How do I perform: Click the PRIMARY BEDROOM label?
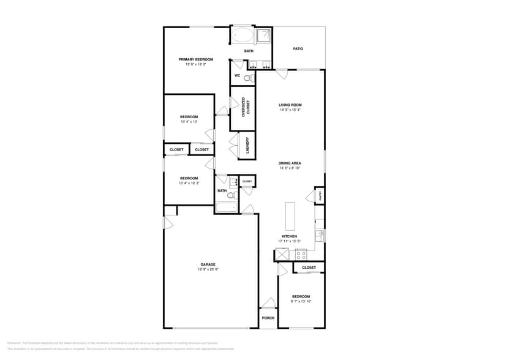195,59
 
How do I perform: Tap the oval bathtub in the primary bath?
241,35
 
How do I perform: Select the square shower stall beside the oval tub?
263,35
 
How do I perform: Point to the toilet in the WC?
248,78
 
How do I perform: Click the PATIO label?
298,48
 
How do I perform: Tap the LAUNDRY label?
247,145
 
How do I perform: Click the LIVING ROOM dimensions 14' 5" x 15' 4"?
290,110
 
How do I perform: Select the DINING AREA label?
290,163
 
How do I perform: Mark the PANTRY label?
320,196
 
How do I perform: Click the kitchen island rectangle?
290,215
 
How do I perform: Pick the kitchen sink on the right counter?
319,235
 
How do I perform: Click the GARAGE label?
208,264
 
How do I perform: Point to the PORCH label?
268,318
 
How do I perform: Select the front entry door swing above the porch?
268,302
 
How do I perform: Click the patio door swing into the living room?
281,75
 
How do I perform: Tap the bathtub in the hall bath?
225,207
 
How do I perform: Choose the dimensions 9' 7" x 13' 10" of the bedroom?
301,301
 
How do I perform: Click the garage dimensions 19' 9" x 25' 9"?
208,269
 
